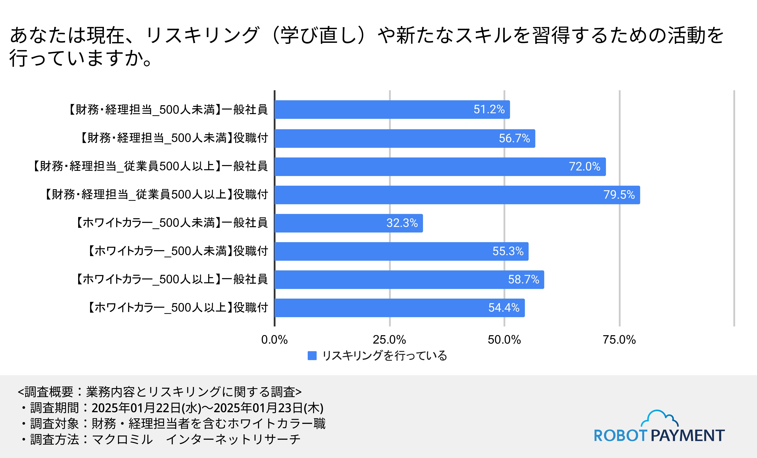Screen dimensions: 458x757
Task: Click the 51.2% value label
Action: pos(489,109)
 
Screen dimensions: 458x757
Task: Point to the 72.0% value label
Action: pos(584,167)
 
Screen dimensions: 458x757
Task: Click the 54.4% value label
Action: pos(504,308)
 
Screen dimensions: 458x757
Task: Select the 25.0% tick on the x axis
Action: pos(389,340)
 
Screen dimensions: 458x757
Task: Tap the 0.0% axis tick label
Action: pos(274,340)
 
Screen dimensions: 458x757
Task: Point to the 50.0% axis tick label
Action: pos(504,340)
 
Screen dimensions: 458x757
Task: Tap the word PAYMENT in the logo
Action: pos(688,436)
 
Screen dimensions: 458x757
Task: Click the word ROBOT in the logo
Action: pos(621,436)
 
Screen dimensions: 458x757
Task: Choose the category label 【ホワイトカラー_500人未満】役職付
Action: pos(178,251)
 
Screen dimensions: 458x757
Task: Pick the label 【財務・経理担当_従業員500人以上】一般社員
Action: pos(150,166)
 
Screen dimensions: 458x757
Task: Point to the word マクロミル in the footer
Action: pos(122,440)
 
